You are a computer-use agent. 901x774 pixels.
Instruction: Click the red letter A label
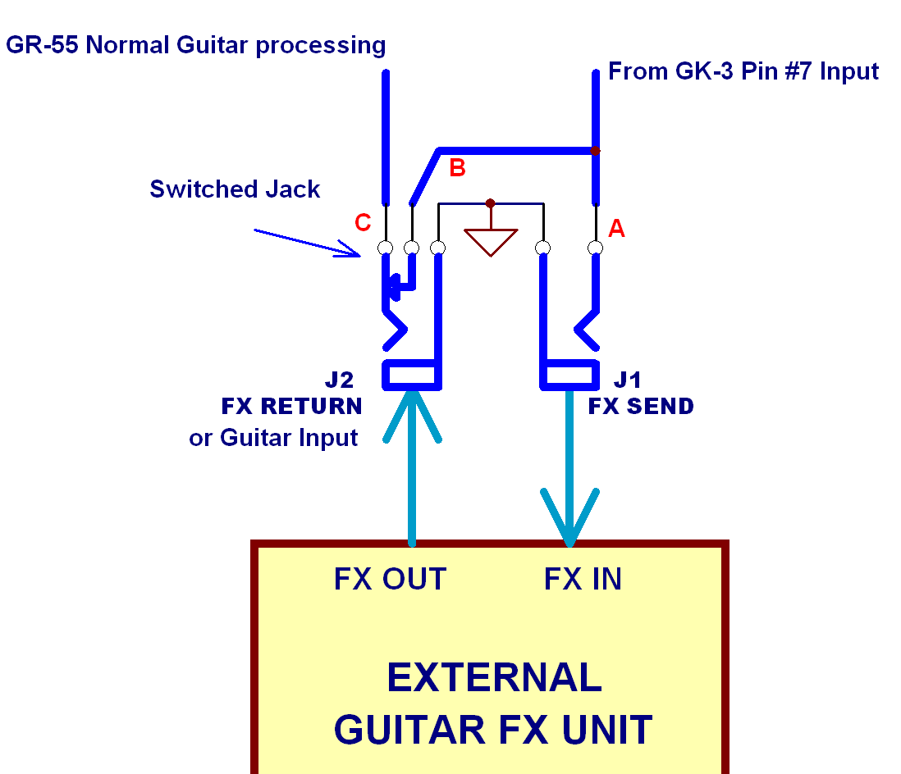616,230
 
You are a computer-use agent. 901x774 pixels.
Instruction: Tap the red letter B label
458,168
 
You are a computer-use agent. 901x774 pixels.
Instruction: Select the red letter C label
363,222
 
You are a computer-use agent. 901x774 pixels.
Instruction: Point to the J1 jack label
628,380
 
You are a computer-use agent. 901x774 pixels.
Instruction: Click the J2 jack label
339,380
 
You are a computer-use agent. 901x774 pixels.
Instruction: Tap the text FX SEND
641,406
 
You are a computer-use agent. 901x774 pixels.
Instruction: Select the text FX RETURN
291,406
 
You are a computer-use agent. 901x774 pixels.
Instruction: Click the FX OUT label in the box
390,580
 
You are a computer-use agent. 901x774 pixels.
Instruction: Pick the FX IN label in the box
583,580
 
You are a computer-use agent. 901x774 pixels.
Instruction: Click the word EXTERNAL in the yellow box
494,678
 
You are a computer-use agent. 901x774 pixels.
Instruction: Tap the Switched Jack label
235,189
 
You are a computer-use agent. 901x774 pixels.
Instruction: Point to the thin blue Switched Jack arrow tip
359,253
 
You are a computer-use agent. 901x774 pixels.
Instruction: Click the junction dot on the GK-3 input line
596,151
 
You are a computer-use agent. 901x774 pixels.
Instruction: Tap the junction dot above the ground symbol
490,203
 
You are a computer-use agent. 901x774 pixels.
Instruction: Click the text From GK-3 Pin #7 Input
743,71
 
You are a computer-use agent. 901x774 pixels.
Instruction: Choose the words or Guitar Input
273,438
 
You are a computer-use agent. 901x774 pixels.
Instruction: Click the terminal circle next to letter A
596,248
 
